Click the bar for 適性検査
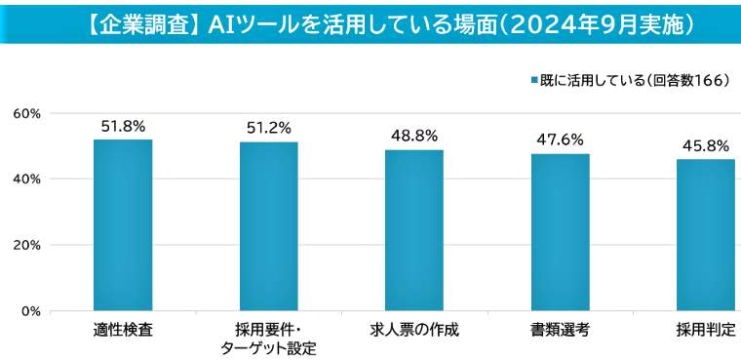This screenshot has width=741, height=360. coord(123,225)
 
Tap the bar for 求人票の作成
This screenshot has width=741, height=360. coord(414,230)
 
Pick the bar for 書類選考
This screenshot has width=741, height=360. coord(561,232)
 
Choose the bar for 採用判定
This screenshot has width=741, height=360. coord(706,235)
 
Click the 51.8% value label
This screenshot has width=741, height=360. coord(123,126)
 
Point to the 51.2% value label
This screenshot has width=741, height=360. coord(269,128)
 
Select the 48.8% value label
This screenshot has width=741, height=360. coord(414,136)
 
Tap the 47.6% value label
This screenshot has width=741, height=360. coord(561,140)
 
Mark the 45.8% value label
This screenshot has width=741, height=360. coord(706,145)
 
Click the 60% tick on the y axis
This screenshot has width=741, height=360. coord(26,113)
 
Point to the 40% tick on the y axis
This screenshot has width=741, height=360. coord(26,179)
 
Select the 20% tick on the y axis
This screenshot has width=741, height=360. coord(26,245)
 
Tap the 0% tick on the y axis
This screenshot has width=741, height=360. coord(30,311)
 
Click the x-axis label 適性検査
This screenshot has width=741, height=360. coord(123,330)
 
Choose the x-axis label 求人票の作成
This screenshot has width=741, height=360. coord(414,330)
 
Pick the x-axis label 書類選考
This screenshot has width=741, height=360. coord(561,330)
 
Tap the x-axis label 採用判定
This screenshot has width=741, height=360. coord(706,330)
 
